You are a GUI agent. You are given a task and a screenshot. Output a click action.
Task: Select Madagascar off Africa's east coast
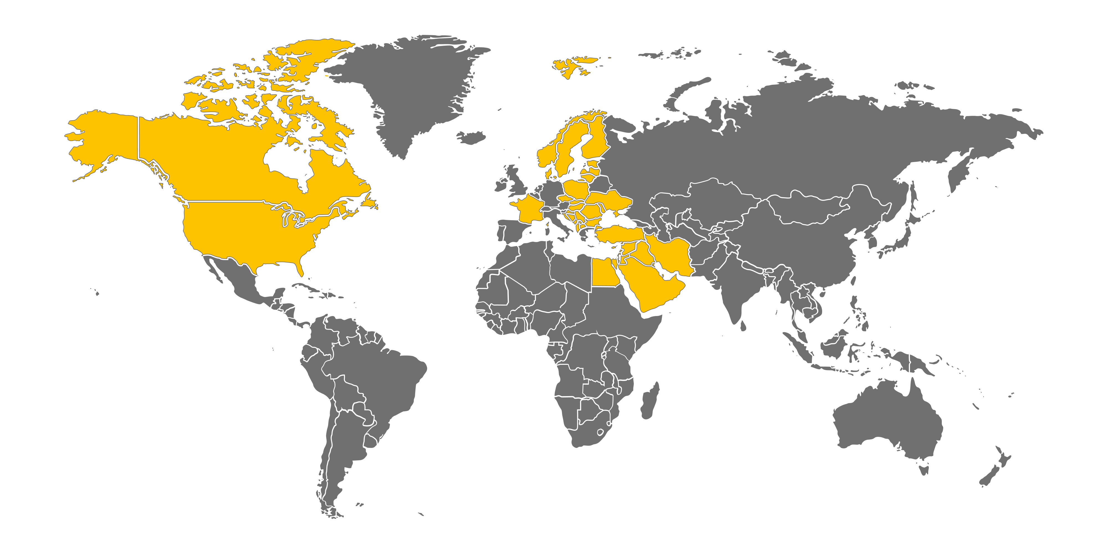(650, 402)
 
